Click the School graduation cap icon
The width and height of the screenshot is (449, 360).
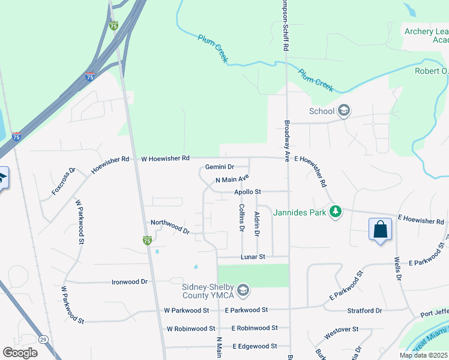(x=344, y=110)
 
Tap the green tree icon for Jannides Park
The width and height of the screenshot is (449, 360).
(x=337, y=212)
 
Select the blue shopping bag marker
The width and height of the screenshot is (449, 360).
(x=380, y=230)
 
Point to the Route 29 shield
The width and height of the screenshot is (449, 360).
(x=27, y=340)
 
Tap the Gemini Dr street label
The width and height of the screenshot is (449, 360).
(x=219, y=167)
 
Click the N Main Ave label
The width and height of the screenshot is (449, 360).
(x=232, y=179)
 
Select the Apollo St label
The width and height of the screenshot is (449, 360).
(x=248, y=192)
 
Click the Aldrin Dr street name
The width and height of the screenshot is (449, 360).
(x=257, y=223)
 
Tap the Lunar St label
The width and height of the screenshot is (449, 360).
(x=253, y=257)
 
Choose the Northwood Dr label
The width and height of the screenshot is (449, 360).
(x=170, y=226)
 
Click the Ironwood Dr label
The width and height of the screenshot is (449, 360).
(x=130, y=281)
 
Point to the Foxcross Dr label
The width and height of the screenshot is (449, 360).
(x=63, y=181)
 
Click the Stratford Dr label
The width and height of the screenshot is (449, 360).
(x=364, y=311)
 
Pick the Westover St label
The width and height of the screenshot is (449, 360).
(x=341, y=329)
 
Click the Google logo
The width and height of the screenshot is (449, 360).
(x=20, y=353)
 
